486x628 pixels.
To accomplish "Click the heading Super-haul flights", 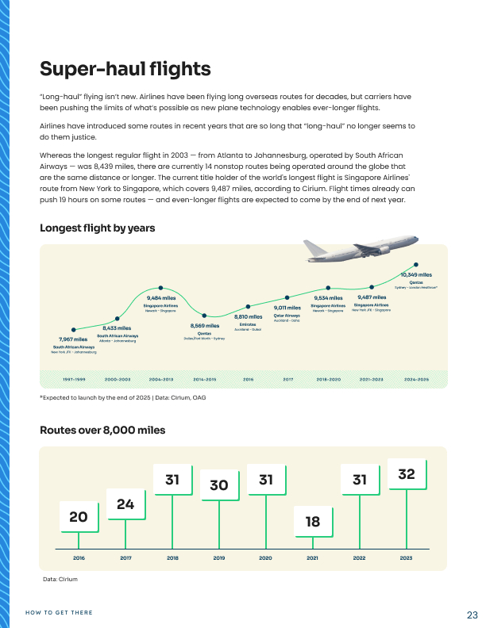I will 125,68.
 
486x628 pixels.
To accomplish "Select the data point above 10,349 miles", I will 416,265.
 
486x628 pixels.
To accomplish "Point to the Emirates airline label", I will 248,324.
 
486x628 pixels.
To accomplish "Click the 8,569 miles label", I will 205,326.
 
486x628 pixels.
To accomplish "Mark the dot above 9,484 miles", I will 160,288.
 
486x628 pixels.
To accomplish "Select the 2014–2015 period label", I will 205,380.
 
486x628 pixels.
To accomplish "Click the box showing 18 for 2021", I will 313,521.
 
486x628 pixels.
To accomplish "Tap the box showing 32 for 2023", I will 407,473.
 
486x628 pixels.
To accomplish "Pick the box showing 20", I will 79,517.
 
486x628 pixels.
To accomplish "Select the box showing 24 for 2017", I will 125,504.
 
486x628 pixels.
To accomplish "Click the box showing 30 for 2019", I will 219,485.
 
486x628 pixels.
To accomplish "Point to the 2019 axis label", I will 219,559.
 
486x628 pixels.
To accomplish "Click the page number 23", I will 472,615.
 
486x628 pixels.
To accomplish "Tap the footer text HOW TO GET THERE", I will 59,612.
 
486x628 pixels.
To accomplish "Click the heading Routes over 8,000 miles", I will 102,430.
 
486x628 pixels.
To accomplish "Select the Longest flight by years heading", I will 97,228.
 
